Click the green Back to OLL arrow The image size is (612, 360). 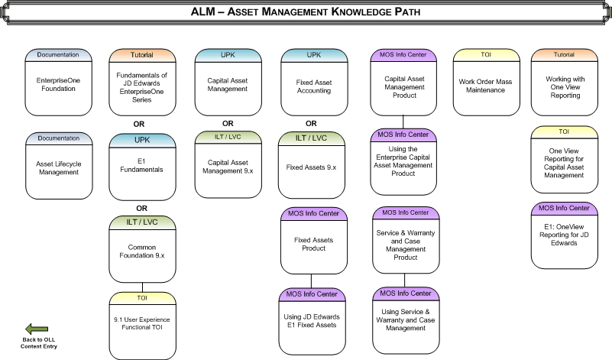pyautogui.click(x=38, y=328)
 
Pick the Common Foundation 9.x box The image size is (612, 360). pyautogui.click(x=141, y=251)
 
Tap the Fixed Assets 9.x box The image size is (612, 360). pyautogui.click(x=311, y=166)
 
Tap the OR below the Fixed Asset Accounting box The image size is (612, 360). pyautogui.click(x=311, y=123)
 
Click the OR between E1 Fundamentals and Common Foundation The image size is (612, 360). pyautogui.click(x=141, y=207)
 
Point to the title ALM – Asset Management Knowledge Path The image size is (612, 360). pyautogui.click(x=306, y=12)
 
